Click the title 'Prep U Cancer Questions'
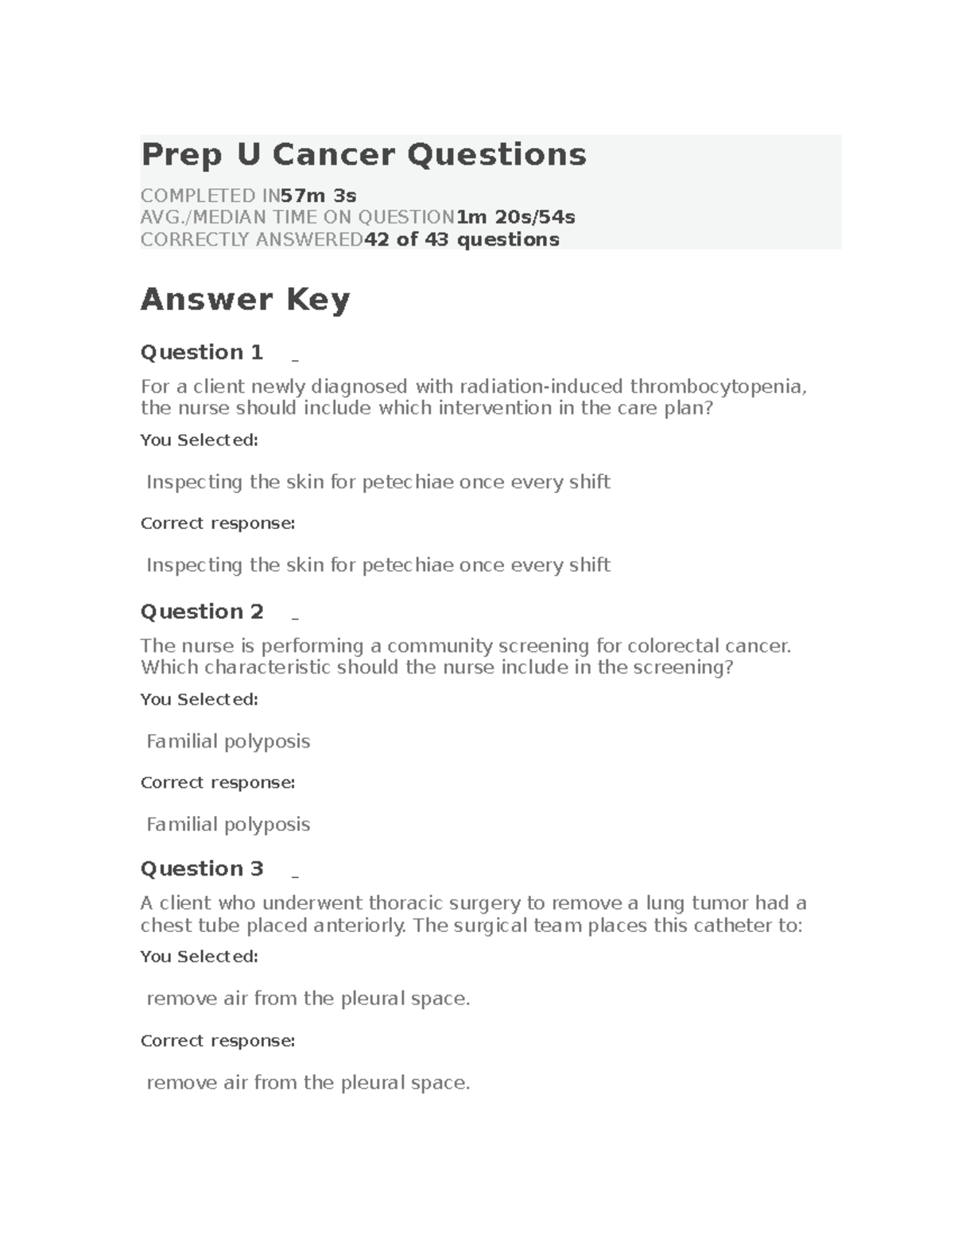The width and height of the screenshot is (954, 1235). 363,154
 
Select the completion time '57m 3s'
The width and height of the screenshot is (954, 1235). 318,196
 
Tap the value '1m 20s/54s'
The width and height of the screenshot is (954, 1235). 515,217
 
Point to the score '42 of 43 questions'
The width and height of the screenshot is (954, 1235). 461,239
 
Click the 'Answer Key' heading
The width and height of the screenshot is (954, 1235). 245,300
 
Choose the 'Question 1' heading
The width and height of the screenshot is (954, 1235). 201,352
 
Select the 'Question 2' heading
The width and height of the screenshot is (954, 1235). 201,612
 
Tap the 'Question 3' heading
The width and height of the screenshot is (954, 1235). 201,868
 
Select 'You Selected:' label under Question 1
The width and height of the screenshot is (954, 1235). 199,440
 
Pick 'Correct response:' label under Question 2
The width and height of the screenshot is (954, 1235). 217,783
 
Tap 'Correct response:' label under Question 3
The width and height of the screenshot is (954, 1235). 217,1040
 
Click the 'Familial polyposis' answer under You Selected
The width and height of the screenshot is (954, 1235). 228,741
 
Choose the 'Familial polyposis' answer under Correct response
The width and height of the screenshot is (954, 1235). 228,825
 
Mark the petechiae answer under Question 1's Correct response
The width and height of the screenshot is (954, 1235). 378,565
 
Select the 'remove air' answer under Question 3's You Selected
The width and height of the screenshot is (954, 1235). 308,999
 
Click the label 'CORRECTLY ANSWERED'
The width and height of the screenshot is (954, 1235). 251,239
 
